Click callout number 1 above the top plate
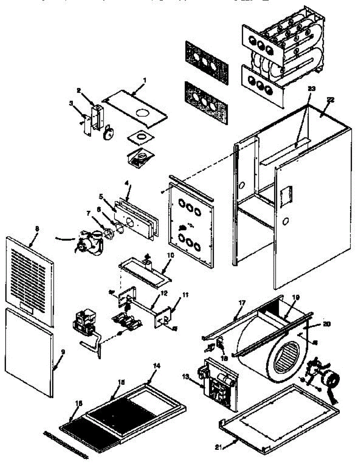(144, 81)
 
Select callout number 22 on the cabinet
(330, 100)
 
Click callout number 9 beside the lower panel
(63, 352)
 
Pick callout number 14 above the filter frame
(156, 366)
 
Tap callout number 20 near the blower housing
(326, 324)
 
